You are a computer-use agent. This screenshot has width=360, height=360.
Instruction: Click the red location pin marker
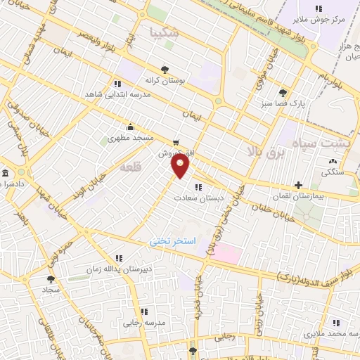[x=181, y=166]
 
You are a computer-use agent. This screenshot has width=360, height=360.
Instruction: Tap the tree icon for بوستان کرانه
[x=165, y=69]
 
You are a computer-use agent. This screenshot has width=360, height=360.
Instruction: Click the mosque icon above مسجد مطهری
[x=130, y=127]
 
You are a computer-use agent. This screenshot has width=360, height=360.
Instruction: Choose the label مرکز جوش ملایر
[x=320, y=20]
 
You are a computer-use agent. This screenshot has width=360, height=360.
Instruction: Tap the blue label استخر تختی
[x=169, y=241]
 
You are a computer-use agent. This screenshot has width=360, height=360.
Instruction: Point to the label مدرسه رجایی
[x=144, y=323]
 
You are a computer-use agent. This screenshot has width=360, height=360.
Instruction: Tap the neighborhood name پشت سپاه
[x=330, y=141]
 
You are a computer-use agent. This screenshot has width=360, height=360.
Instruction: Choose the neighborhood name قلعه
[x=131, y=167]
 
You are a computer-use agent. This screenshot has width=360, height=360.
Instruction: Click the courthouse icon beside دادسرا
[x=6, y=173]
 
